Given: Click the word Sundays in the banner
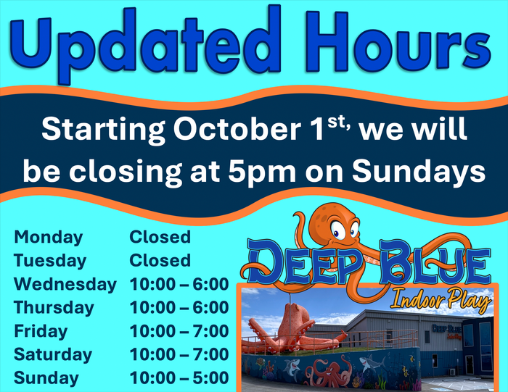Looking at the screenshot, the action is (419, 171).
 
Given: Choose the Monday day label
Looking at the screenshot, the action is (49, 238).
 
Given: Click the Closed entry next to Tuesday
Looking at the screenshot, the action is (160, 261).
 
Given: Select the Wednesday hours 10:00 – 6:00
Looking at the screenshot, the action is (179, 284).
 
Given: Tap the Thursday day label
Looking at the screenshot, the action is (54, 307).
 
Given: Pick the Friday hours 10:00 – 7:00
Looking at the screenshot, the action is (179, 331).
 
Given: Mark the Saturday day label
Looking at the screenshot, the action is (53, 354).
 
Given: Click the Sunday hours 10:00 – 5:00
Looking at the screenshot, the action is (179, 378).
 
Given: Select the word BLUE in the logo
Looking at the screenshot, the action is (435, 265).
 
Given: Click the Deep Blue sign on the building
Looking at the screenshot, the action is (447, 331).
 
